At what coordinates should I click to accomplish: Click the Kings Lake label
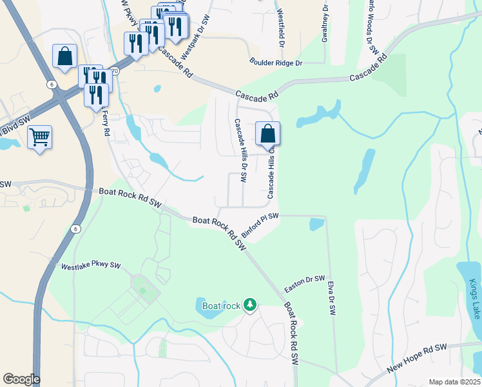[x=475, y=299]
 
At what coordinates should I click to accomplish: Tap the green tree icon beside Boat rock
[x=250, y=304]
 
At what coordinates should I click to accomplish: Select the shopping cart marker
[x=39, y=137]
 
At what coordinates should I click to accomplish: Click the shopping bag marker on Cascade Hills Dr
[x=267, y=134]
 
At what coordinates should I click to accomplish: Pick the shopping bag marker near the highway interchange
[x=64, y=57]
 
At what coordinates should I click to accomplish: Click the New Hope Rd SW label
[x=417, y=359]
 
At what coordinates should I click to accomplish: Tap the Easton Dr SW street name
[x=305, y=283]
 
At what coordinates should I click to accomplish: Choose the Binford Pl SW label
[x=260, y=224]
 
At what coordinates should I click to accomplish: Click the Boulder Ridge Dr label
[x=276, y=63]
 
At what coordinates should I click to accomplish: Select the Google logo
[x=21, y=379]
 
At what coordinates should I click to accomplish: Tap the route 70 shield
[x=115, y=72]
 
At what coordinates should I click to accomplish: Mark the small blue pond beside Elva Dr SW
[x=316, y=224]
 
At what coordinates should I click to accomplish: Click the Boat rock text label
[x=220, y=305]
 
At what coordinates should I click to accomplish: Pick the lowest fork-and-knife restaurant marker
[x=96, y=95]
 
